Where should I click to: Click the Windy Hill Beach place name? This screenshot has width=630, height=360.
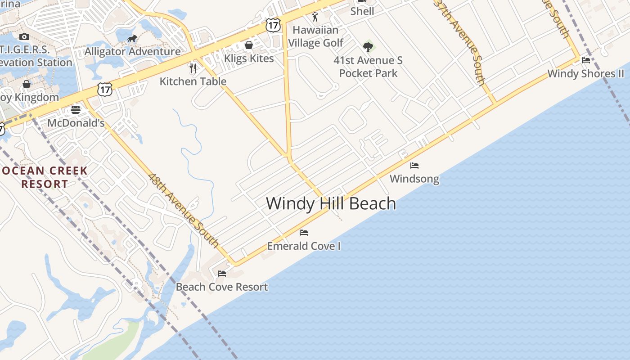pyautogui.click(x=331, y=203)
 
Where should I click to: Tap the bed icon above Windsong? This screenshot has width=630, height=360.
pyautogui.click(x=414, y=166)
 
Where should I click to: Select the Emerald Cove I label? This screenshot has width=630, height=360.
pyautogui.click(x=304, y=246)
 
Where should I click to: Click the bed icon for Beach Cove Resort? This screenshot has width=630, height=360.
pyautogui.click(x=222, y=273)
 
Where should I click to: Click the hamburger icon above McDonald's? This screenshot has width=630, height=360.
pyautogui.click(x=76, y=110)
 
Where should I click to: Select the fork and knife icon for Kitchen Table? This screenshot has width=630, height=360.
pyautogui.click(x=193, y=68)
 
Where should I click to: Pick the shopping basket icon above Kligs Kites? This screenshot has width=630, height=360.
pyautogui.click(x=248, y=45)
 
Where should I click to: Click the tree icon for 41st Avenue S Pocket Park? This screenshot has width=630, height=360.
pyautogui.click(x=368, y=47)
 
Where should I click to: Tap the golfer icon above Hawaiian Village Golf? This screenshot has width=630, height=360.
pyautogui.click(x=315, y=17)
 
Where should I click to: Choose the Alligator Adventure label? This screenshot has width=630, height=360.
pyautogui.click(x=133, y=51)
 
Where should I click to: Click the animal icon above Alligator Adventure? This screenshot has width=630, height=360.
pyautogui.click(x=132, y=39)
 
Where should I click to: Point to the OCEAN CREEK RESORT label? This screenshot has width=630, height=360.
pyautogui.click(x=44, y=177)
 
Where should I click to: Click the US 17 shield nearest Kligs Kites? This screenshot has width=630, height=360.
pyautogui.click(x=273, y=25)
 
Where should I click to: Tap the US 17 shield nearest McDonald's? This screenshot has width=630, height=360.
pyautogui.click(x=104, y=89)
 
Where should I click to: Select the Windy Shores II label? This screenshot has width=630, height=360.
pyautogui.click(x=586, y=74)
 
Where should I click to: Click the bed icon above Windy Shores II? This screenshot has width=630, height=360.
pyautogui.click(x=586, y=60)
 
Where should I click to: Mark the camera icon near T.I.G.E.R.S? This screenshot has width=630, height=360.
pyautogui.click(x=24, y=36)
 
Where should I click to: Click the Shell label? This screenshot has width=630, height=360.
pyautogui.click(x=362, y=11)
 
